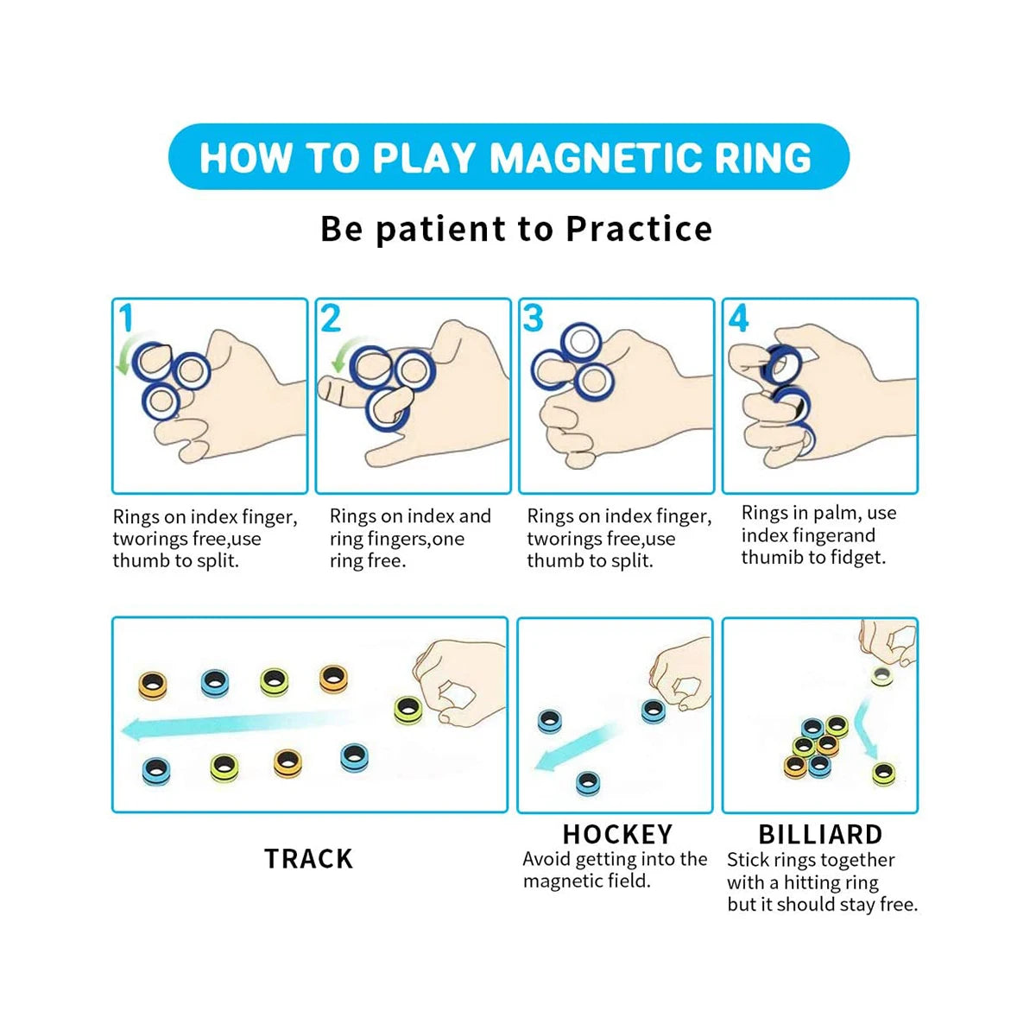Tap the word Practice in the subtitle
click(x=639, y=229)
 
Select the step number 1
click(x=126, y=319)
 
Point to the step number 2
click(x=331, y=319)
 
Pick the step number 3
click(x=534, y=319)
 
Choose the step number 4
click(x=738, y=319)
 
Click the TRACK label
click(x=308, y=858)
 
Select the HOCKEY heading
click(x=617, y=834)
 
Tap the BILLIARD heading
click(x=820, y=834)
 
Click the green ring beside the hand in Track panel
click(x=407, y=711)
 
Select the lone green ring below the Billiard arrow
click(x=883, y=774)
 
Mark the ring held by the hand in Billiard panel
click(x=881, y=676)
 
